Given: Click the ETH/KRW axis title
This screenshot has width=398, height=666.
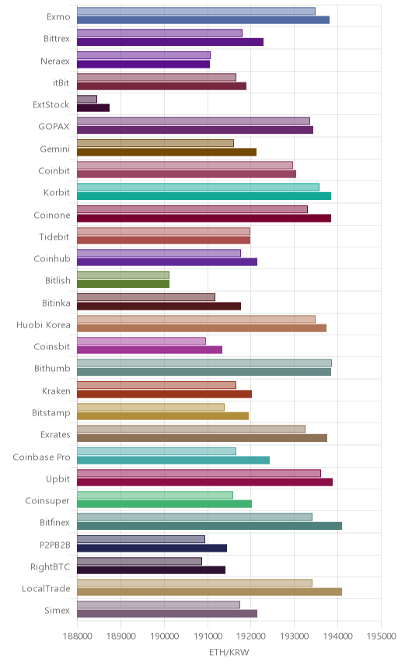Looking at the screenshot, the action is (x=229, y=652).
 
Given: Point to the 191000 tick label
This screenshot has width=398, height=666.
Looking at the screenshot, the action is (x=208, y=636).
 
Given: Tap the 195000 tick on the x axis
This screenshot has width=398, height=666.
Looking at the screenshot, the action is (x=381, y=636).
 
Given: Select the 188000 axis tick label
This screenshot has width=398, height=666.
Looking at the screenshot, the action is (x=77, y=636).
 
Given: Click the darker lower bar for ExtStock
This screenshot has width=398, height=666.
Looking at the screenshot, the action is (x=93, y=108).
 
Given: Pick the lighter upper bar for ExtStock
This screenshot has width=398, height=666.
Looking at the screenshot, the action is (x=87, y=100).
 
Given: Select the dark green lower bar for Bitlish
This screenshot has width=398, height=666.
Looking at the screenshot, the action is (x=123, y=284).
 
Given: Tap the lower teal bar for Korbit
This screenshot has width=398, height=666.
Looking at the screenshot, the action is (x=204, y=196).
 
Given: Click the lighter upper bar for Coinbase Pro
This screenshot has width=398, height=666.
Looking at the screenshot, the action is (x=156, y=451).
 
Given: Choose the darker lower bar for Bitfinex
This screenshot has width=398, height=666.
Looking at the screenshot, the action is (x=210, y=526).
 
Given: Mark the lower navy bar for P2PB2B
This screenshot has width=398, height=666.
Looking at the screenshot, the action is (x=152, y=548).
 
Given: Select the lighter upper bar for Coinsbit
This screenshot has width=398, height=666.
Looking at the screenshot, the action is (x=141, y=341).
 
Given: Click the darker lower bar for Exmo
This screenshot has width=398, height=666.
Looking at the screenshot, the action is (x=203, y=20).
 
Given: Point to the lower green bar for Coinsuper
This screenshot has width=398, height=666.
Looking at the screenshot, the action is (x=164, y=503).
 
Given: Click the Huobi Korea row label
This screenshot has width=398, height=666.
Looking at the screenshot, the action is (x=44, y=325).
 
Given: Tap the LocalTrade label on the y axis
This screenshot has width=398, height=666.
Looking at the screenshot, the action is (x=46, y=589).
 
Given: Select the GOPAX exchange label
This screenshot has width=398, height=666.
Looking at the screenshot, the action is (x=54, y=127).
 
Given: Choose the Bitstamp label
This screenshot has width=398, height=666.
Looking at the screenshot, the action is (x=51, y=413).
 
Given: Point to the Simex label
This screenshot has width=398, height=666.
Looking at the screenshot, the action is (x=57, y=610).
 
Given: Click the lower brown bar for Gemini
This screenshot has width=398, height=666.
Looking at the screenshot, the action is (x=167, y=152).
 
